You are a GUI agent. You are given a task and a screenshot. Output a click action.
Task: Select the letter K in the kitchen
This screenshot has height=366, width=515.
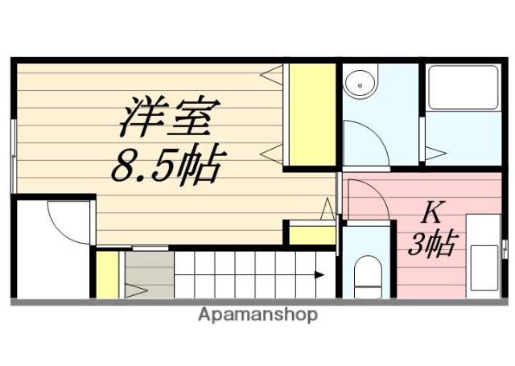431,214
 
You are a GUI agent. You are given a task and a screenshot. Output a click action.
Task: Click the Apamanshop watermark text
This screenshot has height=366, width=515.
257,315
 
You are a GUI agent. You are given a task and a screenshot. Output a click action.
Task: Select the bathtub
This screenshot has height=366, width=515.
463,88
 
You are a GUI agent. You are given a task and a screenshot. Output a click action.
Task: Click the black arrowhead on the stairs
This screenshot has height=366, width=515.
319,274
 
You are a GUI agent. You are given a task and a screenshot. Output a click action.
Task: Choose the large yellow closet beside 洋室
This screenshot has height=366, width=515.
311,115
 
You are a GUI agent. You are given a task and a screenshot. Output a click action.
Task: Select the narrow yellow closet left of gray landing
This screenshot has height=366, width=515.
107,274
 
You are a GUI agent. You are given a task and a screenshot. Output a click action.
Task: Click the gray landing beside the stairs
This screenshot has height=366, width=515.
149,274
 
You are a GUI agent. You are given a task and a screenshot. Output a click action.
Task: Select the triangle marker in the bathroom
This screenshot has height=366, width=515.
435,152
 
